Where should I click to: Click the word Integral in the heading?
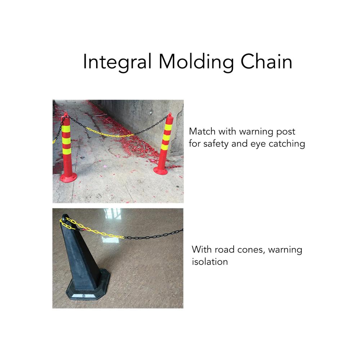pyautogui.click(x=117, y=62)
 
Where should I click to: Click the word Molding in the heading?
pyautogui.click(x=196, y=62)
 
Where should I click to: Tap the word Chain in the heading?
pyautogui.click(x=266, y=61)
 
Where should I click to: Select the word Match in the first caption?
pyautogui.click(x=202, y=131)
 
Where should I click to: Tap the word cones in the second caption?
pyautogui.click(x=251, y=250)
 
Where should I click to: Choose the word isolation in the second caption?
pyautogui.click(x=210, y=262)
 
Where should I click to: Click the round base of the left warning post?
pyautogui.click(x=68, y=177)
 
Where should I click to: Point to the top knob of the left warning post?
pyautogui.click(x=66, y=114)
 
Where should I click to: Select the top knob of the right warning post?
pyautogui.click(x=170, y=115)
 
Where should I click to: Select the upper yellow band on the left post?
pyautogui.click(x=66, y=129)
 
